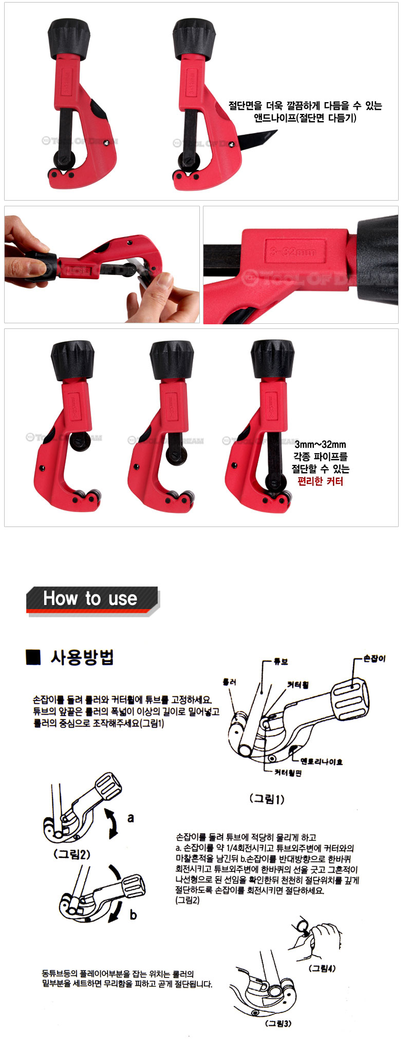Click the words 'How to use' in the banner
pos(90,598)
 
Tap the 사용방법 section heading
pos(82,657)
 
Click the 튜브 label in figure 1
pos(281,662)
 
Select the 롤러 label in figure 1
pos(229,682)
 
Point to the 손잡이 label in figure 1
pos(374,658)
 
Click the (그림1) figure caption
pos(267,798)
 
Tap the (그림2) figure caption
pos(72,854)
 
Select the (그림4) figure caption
pos(322,968)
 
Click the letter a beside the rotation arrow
pos(130,818)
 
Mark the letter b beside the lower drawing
pos(133,915)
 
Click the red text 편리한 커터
pos(320,481)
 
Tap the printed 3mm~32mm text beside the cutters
pos(320,444)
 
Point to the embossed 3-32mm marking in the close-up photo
pos(293,252)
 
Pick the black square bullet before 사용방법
pos(33,657)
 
